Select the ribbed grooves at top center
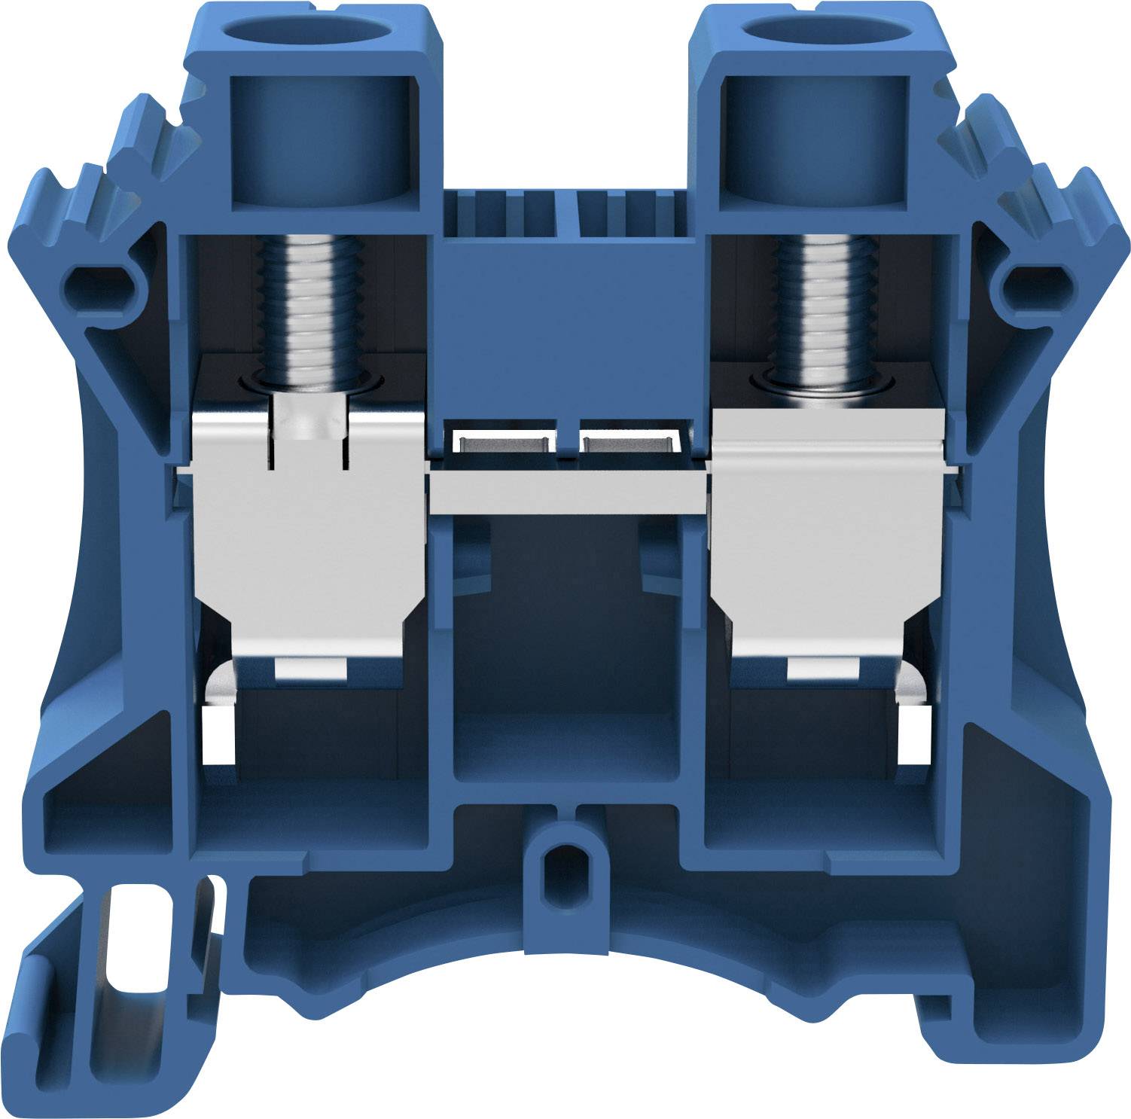pyautogui.click(x=569, y=211)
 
